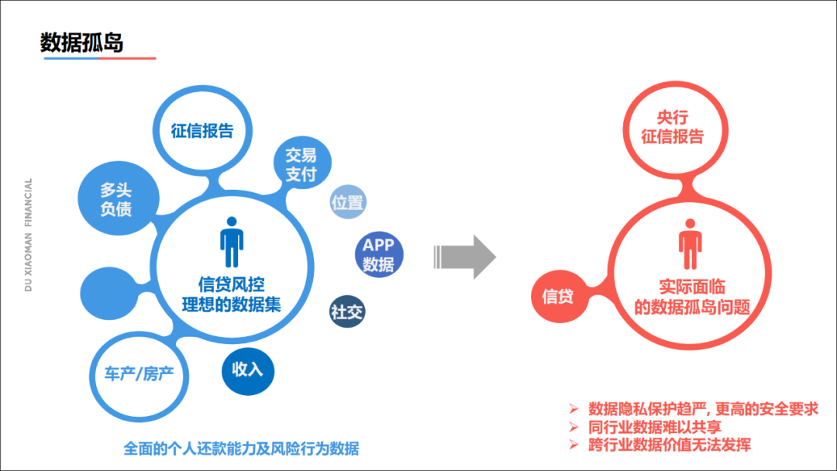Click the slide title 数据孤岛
coord(81,42)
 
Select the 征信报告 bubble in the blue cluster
coord(202,130)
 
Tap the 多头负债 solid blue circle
coord(115,200)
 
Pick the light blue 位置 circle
coord(347,203)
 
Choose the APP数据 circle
coord(378,255)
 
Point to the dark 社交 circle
coord(347,313)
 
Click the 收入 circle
coord(248,370)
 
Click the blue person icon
coord(232,242)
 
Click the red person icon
coord(691,245)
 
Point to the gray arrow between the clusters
coord(463,256)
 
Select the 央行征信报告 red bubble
coord(673,127)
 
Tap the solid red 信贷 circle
coord(557,296)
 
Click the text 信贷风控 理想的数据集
coord(231,295)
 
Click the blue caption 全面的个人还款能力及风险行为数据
coord(241,449)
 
